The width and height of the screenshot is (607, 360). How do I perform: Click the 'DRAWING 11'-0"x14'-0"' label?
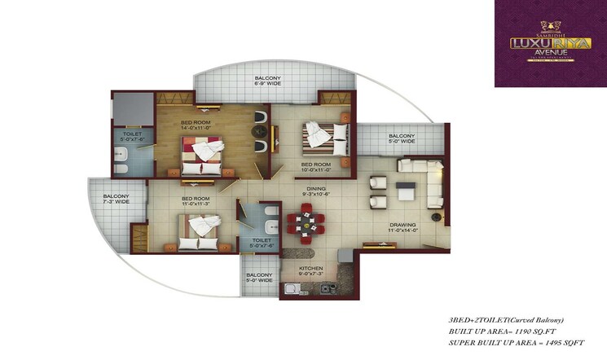(402, 227)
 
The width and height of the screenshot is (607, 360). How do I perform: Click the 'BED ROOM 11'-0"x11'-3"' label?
(196, 202)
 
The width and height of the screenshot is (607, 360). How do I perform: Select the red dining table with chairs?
(306, 224)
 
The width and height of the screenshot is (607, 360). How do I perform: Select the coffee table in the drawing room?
(404, 192)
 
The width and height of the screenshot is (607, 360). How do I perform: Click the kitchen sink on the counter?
(290, 289)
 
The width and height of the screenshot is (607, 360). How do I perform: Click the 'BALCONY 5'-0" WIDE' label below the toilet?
(258, 279)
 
